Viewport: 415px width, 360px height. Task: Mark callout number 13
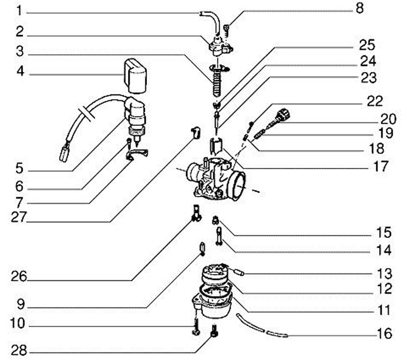point(384,272)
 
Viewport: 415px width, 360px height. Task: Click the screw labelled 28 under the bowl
point(214,333)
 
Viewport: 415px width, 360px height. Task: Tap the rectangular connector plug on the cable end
point(65,153)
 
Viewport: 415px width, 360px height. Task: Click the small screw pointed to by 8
point(227,26)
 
